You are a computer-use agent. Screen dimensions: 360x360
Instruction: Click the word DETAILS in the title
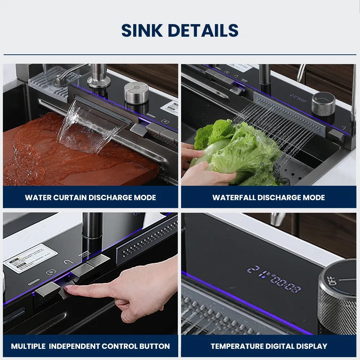click(x=203, y=31)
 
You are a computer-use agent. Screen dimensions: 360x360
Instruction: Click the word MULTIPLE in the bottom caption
click(x=28, y=346)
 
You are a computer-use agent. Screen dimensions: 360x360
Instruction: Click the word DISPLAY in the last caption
click(x=311, y=346)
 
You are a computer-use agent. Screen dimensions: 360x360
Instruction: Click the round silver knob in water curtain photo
click(x=136, y=93)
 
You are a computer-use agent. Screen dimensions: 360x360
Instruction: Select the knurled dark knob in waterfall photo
click(x=323, y=103)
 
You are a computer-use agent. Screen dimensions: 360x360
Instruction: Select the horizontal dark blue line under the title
click(x=180, y=55)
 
